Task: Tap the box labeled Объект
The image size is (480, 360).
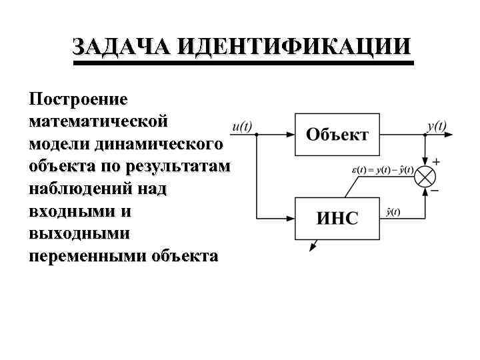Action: pos(337,135)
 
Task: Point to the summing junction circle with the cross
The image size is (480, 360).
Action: pos(425,176)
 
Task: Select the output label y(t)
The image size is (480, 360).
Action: pos(437,125)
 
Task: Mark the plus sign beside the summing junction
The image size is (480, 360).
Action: pos(436,162)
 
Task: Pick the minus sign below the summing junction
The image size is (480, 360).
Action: pos(435,190)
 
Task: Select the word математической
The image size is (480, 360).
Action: pos(99,123)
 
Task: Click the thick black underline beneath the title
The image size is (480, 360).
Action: pos(243,63)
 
